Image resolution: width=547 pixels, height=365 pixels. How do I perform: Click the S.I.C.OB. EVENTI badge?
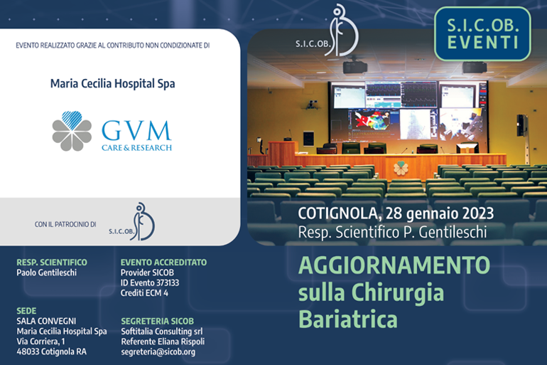pos(482,33)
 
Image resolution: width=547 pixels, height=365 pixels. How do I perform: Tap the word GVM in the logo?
pos(136,131)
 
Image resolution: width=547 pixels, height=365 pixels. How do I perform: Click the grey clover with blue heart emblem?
pos(72,131)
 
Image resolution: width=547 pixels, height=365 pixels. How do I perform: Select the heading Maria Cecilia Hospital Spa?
pos(113,84)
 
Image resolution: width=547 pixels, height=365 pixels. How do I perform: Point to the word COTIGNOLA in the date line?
pos(337,213)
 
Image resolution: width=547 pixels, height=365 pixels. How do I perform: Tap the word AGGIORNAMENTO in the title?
pos(394,265)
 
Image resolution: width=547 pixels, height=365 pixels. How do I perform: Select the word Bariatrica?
pos(348,319)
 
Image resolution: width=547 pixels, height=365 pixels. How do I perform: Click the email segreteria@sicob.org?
pos(158,352)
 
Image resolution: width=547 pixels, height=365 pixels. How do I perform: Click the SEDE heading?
pos(26,311)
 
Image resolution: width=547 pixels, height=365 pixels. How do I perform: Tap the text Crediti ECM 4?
pos(144,293)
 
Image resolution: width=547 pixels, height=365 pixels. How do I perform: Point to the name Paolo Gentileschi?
pos(46,273)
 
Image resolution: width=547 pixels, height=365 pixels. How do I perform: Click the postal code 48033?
pos(28,351)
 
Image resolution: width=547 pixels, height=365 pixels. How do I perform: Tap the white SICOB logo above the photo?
pos(327,31)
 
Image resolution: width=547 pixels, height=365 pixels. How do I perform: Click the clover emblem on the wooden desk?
pos(401,168)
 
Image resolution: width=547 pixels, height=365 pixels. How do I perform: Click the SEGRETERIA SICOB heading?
pos(157,321)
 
